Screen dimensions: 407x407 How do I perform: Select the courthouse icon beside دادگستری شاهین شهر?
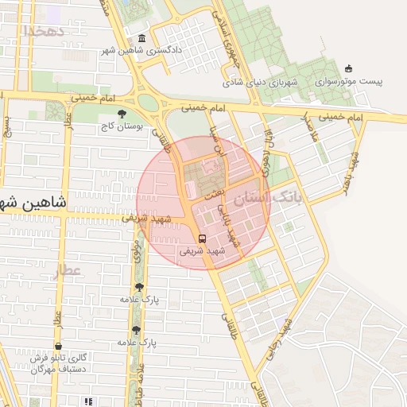(x=141, y=38)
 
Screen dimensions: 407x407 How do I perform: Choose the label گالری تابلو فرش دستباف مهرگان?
(x=60, y=363)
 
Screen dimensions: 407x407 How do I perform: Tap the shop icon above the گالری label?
(x=60, y=346)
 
